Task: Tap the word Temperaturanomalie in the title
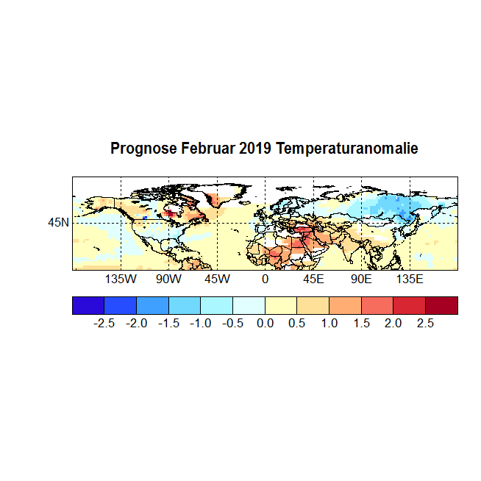(x=347, y=149)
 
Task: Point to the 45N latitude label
(x=59, y=222)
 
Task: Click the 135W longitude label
(x=121, y=279)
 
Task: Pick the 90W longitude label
(x=168, y=279)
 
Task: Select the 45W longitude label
(x=217, y=279)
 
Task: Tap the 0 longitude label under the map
(x=265, y=279)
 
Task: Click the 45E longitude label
(x=313, y=279)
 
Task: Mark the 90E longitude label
(x=361, y=279)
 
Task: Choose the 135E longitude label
(x=410, y=279)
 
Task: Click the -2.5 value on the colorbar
(x=104, y=324)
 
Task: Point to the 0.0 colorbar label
(x=265, y=324)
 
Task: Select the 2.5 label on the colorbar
(x=425, y=324)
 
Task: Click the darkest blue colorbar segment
(x=88, y=305)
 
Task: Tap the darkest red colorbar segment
(x=441, y=305)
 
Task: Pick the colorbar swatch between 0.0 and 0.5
(x=281, y=305)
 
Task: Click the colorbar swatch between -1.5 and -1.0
(x=185, y=305)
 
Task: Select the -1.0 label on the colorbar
(x=201, y=324)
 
